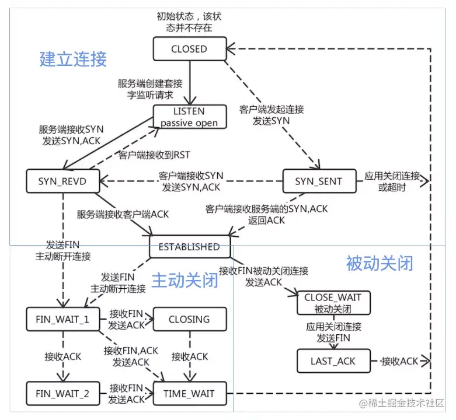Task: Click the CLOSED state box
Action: click(x=189, y=49)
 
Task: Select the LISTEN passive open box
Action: click(x=189, y=117)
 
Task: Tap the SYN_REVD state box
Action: click(x=62, y=181)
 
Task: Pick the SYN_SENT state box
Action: click(x=318, y=181)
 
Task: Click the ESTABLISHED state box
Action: click(x=190, y=247)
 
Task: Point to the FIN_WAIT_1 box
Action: click(x=62, y=319)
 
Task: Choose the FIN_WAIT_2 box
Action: click(x=62, y=394)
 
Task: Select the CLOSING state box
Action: click(x=189, y=319)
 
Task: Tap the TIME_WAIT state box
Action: click(x=189, y=394)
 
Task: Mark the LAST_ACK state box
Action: click(x=333, y=361)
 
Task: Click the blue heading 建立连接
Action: click(x=73, y=59)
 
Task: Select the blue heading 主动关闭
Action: click(x=185, y=281)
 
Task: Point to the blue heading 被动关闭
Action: click(x=380, y=263)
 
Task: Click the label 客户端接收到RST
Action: click(x=154, y=155)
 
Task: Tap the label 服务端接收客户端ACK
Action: click(x=123, y=214)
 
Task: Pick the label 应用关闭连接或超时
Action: click(x=392, y=181)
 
